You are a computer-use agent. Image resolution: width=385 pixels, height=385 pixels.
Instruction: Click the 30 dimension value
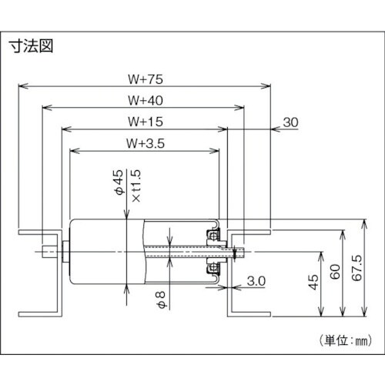click(291, 122)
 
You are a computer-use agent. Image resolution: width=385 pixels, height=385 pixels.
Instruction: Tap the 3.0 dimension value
click(257, 283)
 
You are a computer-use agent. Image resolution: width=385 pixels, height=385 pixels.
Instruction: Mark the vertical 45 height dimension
click(312, 284)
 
